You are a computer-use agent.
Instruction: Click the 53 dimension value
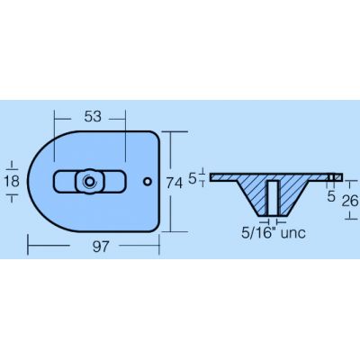point(93,117)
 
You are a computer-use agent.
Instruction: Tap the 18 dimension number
point(12,181)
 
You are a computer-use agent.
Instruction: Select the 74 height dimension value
point(175,184)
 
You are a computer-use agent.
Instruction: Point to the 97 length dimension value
point(100,247)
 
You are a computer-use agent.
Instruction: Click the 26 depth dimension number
point(350,201)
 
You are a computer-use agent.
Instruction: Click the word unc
point(293,233)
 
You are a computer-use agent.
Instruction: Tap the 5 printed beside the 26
point(331,196)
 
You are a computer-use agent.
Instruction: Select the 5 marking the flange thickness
point(193,179)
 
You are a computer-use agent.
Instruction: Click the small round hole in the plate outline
point(148,181)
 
